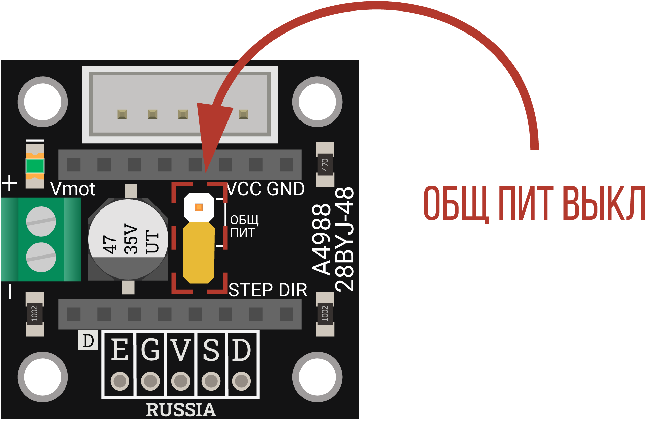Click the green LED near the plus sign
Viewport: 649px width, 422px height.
(x=35, y=166)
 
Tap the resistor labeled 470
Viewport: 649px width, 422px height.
(x=325, y=164)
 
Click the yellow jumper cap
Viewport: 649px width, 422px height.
(x=199, y=252)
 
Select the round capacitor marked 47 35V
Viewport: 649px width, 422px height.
(x=128, y=239)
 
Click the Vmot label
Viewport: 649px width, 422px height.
(x=73, y=189)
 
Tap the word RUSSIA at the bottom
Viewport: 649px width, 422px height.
(x=181, y=410)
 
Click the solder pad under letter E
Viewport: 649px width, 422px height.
(x=120, y=381)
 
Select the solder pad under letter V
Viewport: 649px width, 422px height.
(x=181, y=381)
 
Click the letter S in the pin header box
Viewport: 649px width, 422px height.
(x=211, y=350)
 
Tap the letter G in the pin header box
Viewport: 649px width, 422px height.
(x=150, y=350)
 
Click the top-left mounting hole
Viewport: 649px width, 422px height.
(x=43, y=102)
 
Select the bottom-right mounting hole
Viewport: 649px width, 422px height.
(x=317, y=377)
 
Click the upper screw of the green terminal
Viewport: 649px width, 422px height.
(x=41, y=221)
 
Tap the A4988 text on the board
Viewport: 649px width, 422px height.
(x=321, y=239)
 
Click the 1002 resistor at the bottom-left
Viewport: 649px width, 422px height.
(x=35, y=314)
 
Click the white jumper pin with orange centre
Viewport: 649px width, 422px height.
(x=199, y=207)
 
